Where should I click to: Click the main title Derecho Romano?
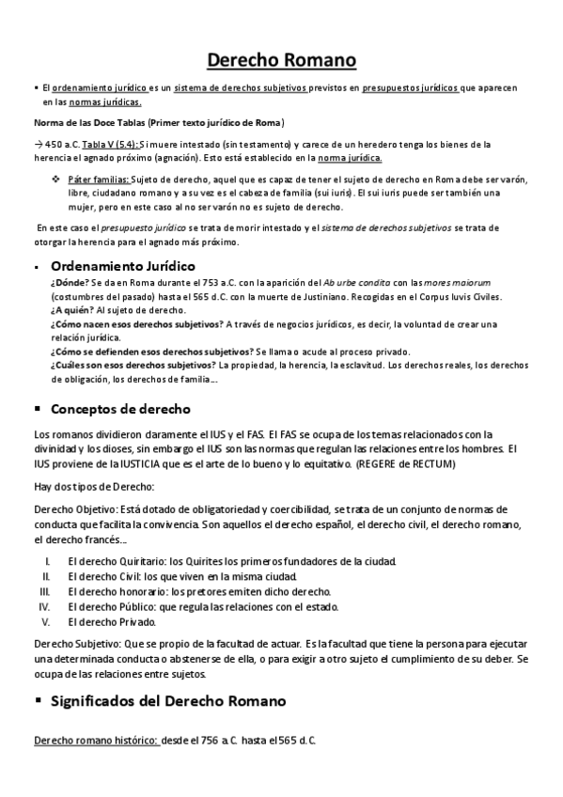(281, 61)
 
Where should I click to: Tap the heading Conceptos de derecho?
(120, 409)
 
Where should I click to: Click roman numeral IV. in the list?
(44, 606)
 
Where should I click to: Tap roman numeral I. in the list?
(48, 561)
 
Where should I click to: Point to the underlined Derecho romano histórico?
(96, 741)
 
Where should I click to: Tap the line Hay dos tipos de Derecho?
(94, 486)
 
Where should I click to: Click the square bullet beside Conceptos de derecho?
(37, 409)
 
